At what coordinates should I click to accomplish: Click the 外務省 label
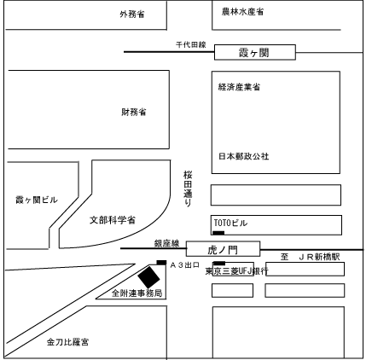coord(132,14)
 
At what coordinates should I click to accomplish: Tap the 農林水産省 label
coord(242,12)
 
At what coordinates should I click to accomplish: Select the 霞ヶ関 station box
coord(255,52)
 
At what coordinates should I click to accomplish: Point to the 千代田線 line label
coord(191,44)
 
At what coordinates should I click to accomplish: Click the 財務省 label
coord(134,112)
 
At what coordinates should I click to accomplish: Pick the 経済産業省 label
coord(239,87)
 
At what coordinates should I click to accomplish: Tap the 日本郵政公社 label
coord(244,156)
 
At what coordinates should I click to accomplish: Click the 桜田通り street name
coord(188,189)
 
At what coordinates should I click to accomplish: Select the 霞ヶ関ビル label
coord(37,200)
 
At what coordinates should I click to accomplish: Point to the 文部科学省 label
coord(113,220)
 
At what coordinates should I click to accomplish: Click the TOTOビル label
coord(230,223)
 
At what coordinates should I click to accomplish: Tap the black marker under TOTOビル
coord(218,233)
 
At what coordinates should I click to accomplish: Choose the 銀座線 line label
coord(167,243)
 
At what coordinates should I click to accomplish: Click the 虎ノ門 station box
coord(224,249)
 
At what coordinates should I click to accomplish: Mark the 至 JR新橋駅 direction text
coord(311,257)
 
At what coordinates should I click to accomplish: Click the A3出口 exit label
coord(185,265)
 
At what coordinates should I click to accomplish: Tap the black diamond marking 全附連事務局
coord(148,277)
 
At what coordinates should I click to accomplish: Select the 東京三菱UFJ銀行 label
coord(237,271)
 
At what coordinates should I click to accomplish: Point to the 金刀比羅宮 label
coord(67,342)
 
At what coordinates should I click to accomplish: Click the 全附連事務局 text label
coord(137,293)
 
